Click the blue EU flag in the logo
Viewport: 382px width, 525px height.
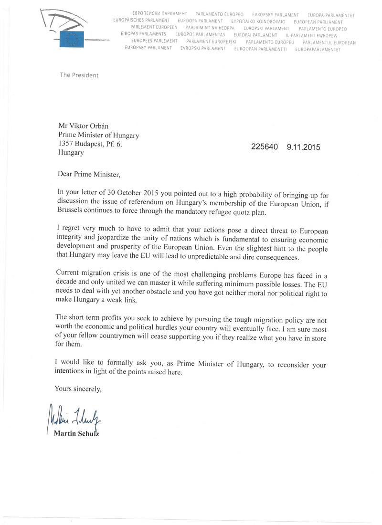(71, 39)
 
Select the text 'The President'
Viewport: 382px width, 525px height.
(79, 75)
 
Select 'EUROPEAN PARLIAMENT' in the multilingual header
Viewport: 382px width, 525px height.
(318, 21)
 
